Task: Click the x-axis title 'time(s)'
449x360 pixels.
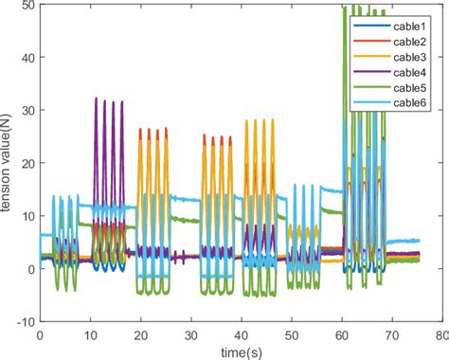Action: [241, 351]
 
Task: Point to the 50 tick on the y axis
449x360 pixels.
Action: [27, 7]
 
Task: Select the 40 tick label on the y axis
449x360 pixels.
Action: [27, 59]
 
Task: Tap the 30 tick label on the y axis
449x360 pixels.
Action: [27, 112]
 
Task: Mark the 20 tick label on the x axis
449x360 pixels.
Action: [140, 334]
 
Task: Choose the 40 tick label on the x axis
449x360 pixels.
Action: [241, 334]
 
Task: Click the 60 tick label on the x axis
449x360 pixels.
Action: [341, 334]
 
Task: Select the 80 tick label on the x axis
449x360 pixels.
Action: [440, 334]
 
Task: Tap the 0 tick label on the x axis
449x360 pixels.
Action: [40, 334]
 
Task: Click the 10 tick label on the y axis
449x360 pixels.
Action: [27, 217]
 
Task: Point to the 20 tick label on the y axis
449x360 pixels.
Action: [27, 164]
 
